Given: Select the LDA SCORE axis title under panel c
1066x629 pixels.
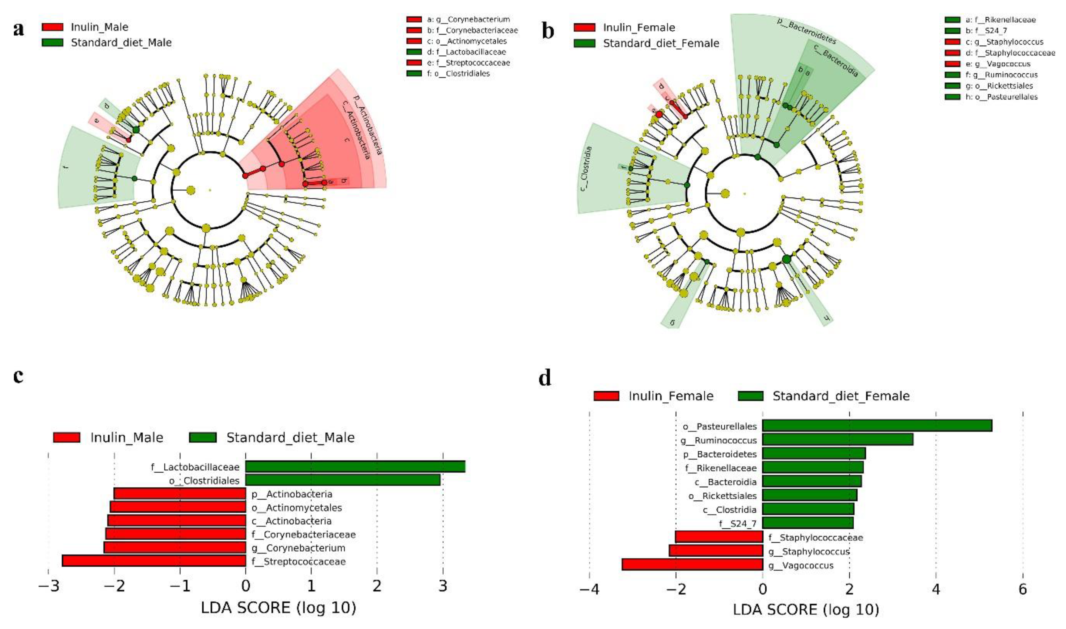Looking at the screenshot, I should point(279,608).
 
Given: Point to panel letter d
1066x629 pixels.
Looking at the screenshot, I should point(545,377).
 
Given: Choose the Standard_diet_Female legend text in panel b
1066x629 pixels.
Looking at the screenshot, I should point(661,43).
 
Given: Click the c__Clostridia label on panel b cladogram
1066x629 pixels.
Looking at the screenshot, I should point(587,168).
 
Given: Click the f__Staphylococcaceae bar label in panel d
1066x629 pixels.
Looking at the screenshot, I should point(815,537).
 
